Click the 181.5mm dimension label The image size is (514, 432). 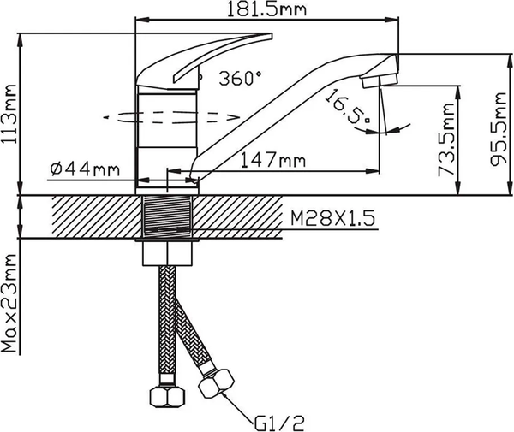[x=266, y=9]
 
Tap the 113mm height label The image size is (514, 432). [x=9, y=114]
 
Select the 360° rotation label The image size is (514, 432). [x=241, y=79]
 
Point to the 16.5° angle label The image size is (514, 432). [x=348, y=106]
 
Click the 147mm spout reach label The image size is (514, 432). [x=273, y=160]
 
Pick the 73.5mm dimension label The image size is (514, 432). [x=447, y=140]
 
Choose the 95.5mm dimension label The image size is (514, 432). [x=499, y=129]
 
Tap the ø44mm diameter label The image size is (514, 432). [x=85, y=169]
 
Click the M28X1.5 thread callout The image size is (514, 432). [x=332, y=218]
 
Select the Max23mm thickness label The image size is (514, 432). [x=9, y=303]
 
